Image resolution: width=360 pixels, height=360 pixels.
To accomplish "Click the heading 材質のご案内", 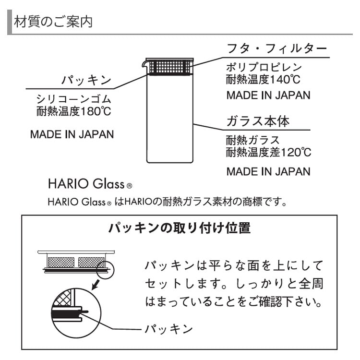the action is click(53, 22).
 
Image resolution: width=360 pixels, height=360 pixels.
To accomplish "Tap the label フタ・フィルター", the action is click(276, 48).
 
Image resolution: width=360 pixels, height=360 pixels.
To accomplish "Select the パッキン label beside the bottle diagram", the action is click(86, 80).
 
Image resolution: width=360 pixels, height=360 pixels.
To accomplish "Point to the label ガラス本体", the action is click(258, 121).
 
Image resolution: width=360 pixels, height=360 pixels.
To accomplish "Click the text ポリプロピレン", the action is click(264, 67).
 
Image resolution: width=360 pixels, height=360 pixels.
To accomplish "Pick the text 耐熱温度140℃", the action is click(263, 79).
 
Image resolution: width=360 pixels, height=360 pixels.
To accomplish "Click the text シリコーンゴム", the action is click(74, 99).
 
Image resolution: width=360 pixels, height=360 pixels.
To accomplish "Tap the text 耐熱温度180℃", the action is click(74, 111).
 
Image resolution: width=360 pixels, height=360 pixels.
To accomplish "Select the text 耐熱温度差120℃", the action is click(269, 152).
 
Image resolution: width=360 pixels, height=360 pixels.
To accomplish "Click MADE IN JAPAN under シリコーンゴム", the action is click(72, 134).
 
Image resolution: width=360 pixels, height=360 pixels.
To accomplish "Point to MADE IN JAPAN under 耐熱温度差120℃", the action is click(268, 171).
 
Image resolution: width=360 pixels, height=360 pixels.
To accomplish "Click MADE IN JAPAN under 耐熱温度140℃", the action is click(268, 96).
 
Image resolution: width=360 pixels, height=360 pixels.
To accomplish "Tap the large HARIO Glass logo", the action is click(90, 184).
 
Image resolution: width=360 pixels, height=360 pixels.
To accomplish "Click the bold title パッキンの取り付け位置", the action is click(180, 228).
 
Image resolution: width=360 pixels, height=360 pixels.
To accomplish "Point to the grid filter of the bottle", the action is click(170, 67).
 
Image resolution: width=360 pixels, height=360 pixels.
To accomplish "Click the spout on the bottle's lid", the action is click(144, 64).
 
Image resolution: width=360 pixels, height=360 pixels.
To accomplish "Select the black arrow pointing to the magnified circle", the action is click(96, 285).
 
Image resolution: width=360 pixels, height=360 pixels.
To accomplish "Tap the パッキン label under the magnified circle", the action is click(169, 329).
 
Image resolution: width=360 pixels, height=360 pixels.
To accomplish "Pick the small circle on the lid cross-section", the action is click(106, 270).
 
